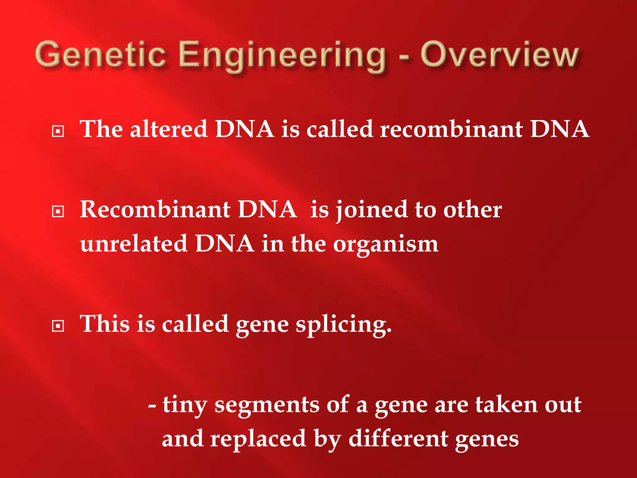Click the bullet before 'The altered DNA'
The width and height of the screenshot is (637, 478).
coord(58,131)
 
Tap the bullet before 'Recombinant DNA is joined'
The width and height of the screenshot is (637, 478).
coord(58,212)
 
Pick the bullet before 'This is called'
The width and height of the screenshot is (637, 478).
coord(58,326)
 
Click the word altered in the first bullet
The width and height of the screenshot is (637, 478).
coord(169,129)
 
